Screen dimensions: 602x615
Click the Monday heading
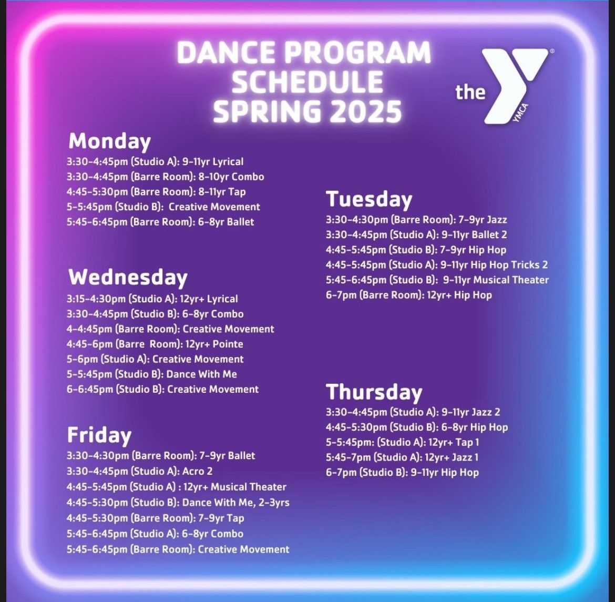109,141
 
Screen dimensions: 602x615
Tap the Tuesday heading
369,199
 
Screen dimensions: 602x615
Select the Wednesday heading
128,278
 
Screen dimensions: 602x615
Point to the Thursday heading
374,392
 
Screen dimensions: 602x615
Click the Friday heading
99,435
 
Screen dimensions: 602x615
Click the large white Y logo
512,84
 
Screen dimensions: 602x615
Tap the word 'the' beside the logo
470,92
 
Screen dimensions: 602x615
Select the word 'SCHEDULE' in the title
307,82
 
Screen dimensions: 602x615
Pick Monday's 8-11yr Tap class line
156,192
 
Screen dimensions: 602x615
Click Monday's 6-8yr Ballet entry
160,222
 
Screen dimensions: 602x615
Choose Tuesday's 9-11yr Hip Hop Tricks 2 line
436,265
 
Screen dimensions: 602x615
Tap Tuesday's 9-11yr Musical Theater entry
437,280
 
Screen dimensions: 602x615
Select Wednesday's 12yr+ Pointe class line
155,344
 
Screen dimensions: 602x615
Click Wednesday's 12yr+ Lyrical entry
152,299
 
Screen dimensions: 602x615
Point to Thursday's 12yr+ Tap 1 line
402,442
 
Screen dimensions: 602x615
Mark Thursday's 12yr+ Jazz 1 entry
402,457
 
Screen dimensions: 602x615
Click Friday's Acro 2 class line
139,471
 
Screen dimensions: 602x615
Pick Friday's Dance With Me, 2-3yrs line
178,503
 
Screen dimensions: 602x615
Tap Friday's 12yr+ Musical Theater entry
176,487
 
